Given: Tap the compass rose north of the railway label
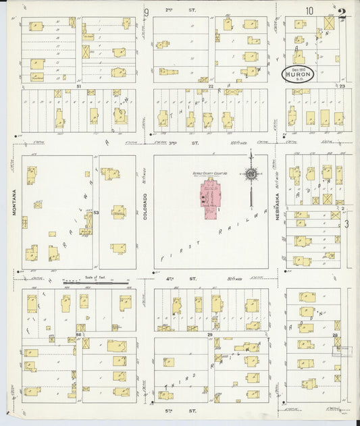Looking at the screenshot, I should click(251, 174).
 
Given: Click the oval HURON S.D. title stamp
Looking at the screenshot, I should click(298, 74).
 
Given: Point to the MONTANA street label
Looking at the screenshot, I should click(14, 203).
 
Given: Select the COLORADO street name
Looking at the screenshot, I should click(145, 203).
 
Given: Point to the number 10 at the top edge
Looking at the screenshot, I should click(309, 11).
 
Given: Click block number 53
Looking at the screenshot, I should click(97, 213).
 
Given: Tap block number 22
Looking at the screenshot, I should click(211, 86).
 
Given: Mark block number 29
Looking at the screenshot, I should click(210, 335).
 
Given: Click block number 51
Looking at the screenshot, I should click(78, 86).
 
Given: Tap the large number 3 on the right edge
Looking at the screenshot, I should click(347, 224).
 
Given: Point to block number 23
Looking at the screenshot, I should click(342, 86).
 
